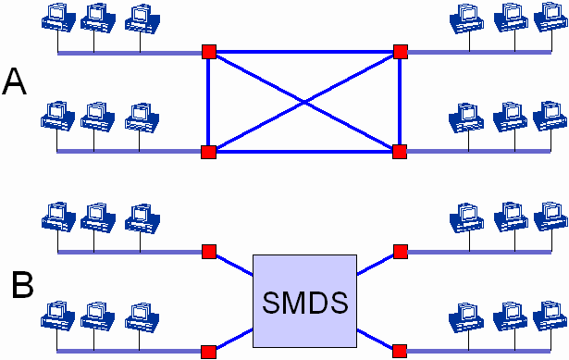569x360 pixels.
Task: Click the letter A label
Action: [x=15, y=81]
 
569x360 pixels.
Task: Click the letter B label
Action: [x=22, y=285]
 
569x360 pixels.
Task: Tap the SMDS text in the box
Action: [x=304, y=303]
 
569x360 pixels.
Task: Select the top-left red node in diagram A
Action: [x=209, y=52]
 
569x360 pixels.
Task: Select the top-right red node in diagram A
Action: [x=401, y=52]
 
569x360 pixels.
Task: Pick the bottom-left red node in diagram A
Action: [x=209, y=152]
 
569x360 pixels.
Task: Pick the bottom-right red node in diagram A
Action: [x=400, y=152]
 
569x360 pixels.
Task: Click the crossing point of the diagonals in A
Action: [x=304, y=103]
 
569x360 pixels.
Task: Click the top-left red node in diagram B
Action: [x=209, y=252]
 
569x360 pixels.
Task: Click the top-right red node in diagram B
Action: [x=401, y=252]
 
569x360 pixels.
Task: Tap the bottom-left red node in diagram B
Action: [x=209, y=352]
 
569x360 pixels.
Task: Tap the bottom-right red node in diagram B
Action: [x=400, y=352]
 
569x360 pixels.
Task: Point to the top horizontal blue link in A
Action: [x=304, y=52]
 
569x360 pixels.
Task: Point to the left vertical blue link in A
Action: [x=208, y=102]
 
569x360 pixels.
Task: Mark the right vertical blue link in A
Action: [x=400, y=102]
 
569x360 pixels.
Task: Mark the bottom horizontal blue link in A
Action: [x=304, y=152]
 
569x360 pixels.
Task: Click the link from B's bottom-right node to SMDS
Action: [x=375, y=340]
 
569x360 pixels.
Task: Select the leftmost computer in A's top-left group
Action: [x=58, y=19]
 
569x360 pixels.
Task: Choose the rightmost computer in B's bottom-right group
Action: [x=550, y=317]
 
